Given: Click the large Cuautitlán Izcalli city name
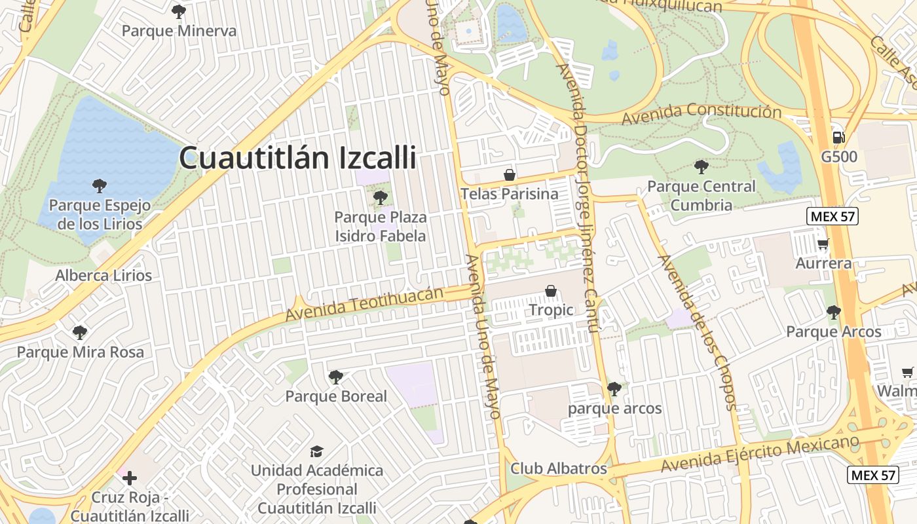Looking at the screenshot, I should (297, 158).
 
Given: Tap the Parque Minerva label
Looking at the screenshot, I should (179, 30).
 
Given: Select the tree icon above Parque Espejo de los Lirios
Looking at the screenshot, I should (99, 185).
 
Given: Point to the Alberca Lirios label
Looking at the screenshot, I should (103, 275).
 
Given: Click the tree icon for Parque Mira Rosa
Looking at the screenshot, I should (80, 332).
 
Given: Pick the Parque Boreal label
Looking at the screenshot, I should (336, 396).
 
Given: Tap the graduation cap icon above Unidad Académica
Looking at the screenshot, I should (317, 451).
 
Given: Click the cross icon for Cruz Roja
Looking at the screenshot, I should (130, 478).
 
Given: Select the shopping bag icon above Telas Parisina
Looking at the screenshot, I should (509, 175).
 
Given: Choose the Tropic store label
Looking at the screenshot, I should (551, 310).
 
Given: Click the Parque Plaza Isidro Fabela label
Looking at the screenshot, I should (380, 226).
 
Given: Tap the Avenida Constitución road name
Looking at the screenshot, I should (702, 115).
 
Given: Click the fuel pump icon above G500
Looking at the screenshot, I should (838, 137).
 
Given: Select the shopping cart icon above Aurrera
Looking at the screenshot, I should (823, 244).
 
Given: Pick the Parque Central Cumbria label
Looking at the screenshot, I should (701, 195).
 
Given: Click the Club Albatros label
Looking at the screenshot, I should (559, 469).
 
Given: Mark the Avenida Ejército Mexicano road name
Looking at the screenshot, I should (760, 454).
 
